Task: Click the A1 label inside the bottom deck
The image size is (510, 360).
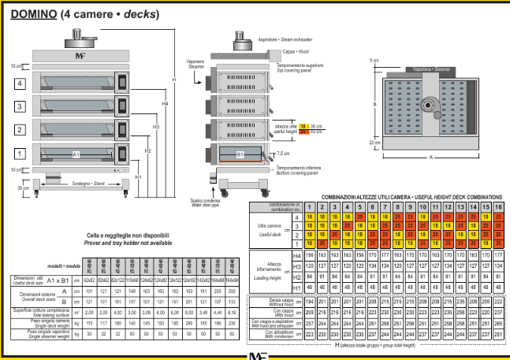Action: [76, 155]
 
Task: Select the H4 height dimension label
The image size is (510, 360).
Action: [165, 105]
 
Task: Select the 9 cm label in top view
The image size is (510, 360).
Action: [374, 61]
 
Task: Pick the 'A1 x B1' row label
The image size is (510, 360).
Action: [61, 280]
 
